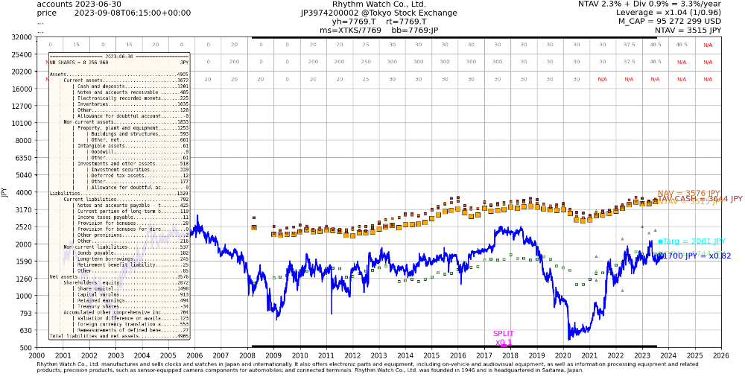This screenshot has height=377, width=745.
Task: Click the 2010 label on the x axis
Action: [300, 355]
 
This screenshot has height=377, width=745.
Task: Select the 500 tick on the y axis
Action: [25, 348]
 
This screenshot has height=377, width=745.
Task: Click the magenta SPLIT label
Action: [504, 334]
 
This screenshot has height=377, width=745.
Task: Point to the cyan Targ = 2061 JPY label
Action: [691, 241]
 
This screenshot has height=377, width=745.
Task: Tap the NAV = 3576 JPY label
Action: [688, 193]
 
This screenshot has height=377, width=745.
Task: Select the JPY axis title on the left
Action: [5, 192]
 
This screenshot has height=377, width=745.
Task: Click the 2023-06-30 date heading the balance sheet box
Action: [120, 57]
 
